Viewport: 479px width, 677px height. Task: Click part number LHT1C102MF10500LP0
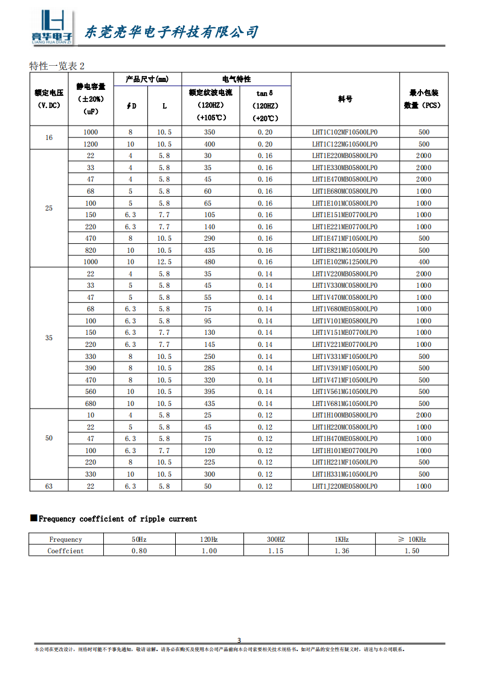click(344, 132)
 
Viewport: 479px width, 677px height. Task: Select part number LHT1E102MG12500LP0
click(344, 262)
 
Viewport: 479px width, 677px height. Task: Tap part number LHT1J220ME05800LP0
click(344, 486)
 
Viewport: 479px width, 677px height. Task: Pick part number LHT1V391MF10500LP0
click(344, 368)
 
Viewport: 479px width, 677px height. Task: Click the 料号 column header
click(345, 99)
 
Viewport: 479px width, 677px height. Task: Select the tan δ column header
click(265, 93)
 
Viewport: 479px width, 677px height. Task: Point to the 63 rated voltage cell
click(49, 486)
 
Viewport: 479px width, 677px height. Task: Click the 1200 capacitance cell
click(91, 144)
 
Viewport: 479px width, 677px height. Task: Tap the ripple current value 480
click(209, 262)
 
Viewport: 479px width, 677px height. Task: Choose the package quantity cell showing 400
click(423, 262)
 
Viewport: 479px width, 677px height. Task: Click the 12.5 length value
click(164, 262)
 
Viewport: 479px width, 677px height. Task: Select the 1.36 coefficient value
click(341, 551)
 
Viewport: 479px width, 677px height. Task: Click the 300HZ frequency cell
click(275, 539)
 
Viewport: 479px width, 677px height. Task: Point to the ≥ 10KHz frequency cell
click(411, 539)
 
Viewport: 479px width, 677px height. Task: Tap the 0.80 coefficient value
click(139, 551)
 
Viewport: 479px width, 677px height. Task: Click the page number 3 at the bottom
click(239, 640)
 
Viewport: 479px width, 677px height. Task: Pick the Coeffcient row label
click(66, 551)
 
